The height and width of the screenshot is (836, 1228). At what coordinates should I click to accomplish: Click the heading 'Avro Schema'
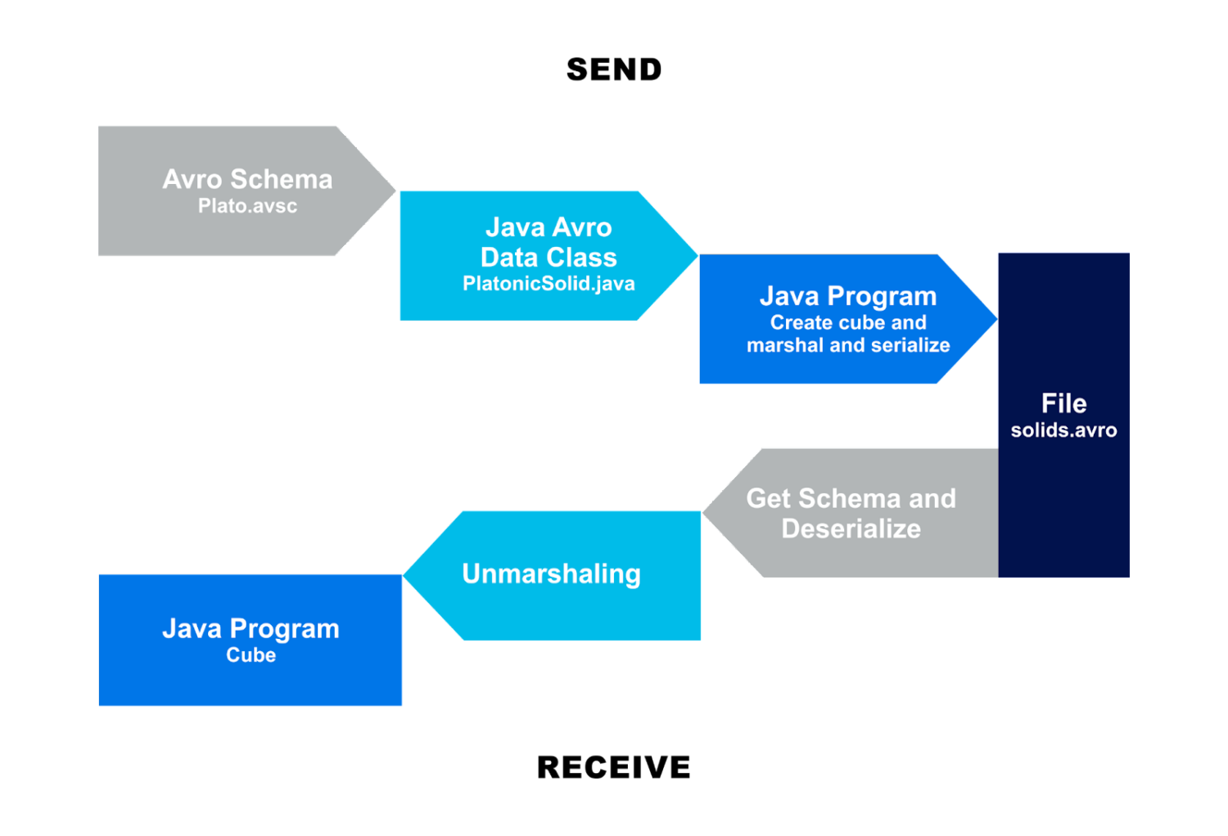[x=247, y=179]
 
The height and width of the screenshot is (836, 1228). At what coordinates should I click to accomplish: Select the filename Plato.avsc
[x=247, y=206]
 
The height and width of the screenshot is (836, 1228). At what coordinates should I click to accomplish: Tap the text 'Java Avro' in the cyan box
[x=549, y=227]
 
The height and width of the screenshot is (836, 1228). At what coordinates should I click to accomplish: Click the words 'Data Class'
[x=549, y=257]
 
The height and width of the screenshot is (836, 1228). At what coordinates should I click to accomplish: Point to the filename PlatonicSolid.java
[x=549, y=284]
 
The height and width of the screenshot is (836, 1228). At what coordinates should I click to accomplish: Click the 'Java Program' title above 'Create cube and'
[x=848, y=295]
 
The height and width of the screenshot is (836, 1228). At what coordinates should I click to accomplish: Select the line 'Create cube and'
[x=848, y=322]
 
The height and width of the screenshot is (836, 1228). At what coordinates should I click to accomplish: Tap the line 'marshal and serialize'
[x=848, y=345]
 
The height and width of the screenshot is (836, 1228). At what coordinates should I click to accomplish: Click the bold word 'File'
[x=1063, y=403]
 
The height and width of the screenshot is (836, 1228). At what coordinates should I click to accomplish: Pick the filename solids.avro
[x=1063, y=430]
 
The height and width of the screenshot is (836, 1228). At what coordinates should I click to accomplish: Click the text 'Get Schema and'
[x=851, y=498]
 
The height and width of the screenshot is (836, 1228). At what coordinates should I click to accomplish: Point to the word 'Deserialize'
[x=851, y=528]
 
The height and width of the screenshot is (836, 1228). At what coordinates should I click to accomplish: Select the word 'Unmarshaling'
[x=551, y=573]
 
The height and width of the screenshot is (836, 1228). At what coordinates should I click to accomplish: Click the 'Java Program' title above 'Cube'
[x=251, y=628]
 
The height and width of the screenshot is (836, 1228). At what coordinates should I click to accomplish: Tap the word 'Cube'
[x=251, y=655]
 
